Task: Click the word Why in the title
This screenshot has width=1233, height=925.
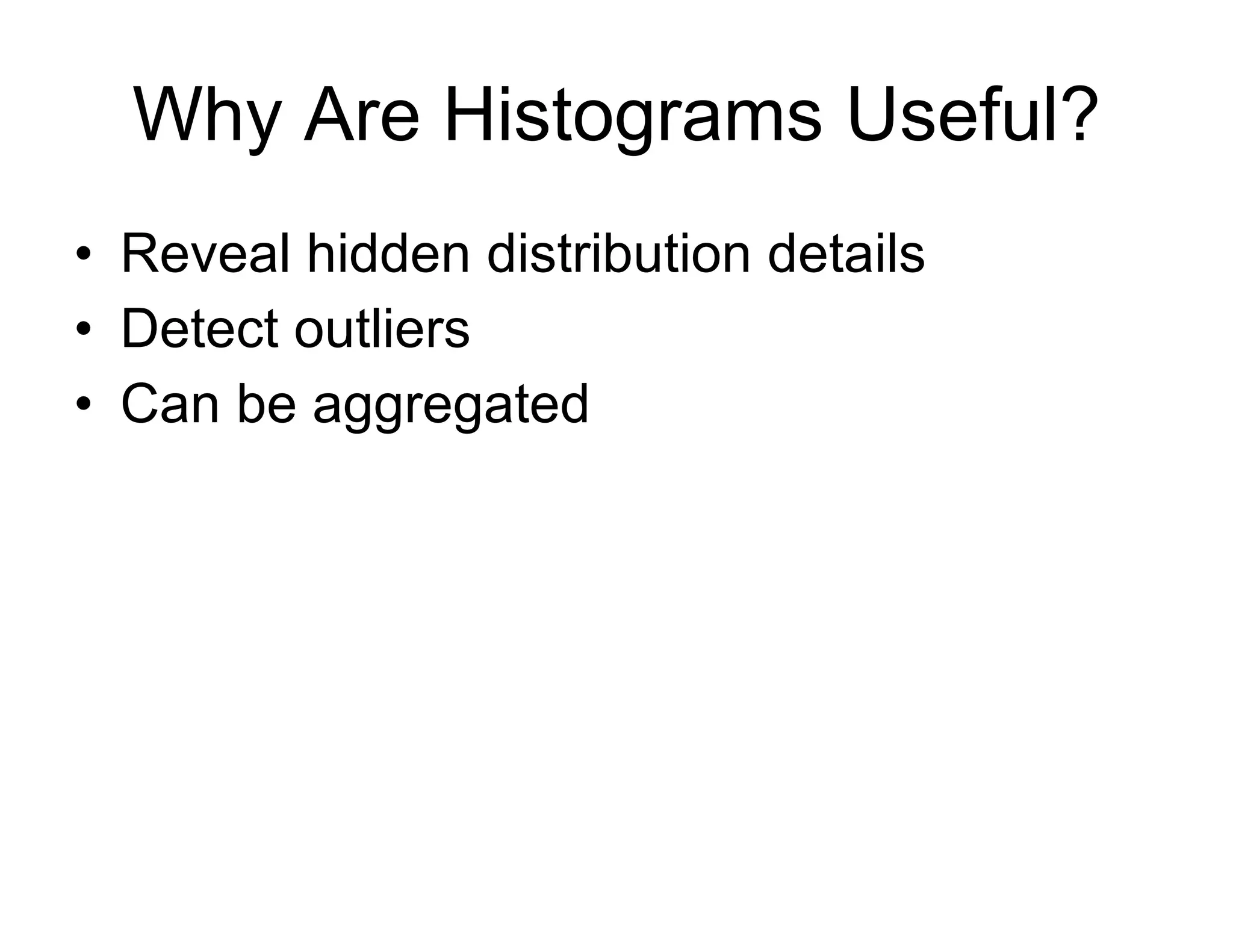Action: (207, 116)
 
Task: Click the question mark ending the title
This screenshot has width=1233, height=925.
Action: (1073, 113)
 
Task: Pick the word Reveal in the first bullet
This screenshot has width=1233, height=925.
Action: (205, 254)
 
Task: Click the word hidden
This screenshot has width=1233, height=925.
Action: (388, 254)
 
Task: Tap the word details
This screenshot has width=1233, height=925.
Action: (846, 254)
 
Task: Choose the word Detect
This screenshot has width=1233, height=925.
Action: (199, 329)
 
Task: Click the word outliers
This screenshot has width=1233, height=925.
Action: (382, 329)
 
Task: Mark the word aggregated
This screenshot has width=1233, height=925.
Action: (450, 406)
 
